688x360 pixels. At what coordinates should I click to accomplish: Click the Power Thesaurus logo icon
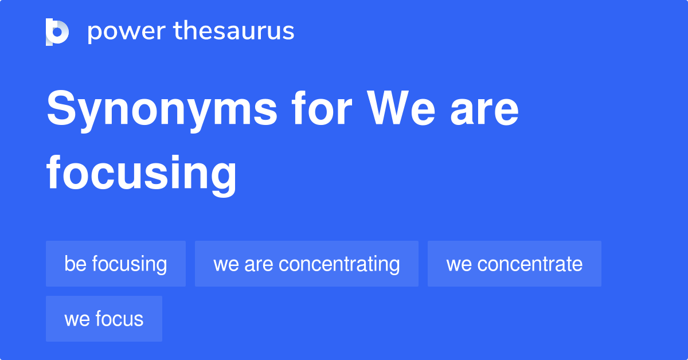[57, 32]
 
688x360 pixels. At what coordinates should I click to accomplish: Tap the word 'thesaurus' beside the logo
[234, 32]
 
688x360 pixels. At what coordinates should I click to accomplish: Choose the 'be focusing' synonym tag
[116, 264]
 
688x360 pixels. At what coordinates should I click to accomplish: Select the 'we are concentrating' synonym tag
[307, 264]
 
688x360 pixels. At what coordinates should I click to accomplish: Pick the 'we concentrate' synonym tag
[514, 264]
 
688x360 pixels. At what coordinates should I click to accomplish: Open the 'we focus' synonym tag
[104, 319]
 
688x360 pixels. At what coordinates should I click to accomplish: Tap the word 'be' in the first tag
[75, 264]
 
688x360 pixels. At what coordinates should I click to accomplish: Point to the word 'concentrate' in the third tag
[530, 264]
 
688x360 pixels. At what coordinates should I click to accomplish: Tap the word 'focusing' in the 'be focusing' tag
[130, 264]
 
